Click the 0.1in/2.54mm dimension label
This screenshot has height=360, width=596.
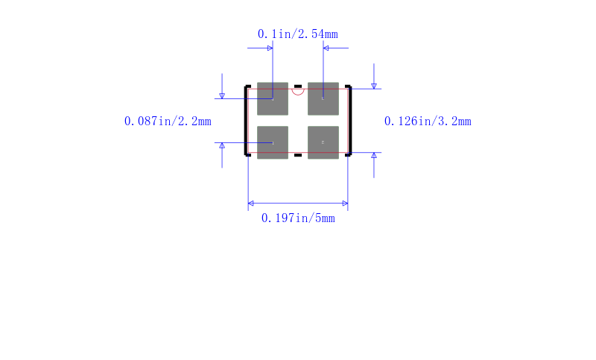[297, 34]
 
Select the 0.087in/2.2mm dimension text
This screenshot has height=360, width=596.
[168, 121]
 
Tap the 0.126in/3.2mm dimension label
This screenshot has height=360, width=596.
[428, 121]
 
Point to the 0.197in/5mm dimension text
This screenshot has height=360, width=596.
[298, 218]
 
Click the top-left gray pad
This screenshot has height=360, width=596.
[273, 99]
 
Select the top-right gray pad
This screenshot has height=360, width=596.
[323, 99]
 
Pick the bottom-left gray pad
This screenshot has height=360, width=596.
[273, 142]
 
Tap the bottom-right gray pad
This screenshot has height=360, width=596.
[323, 142]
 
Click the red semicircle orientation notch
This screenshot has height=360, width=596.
[298, 94]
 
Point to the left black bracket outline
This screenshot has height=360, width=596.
[245, 121]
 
